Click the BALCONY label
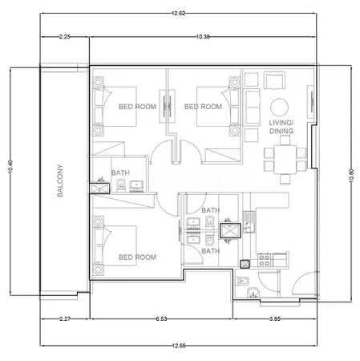[x=60, y=180]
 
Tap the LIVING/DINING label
[x=281, y=127]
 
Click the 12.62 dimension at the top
[x=178, y=13]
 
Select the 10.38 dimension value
[x=203, y=37]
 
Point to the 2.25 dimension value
[x=65, y=37]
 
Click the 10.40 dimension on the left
[x=10, y=166]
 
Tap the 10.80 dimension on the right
[x=351, y=176]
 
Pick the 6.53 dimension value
[x=161, y=318]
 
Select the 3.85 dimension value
[x=275, y=318]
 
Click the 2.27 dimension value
[x=65, y=318]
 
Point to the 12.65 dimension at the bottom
[x=179, y=346]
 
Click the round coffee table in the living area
[x=279, y=107]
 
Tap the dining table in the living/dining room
[x=285, y=160]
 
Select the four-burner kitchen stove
[x=264, y=260]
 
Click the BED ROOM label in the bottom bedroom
[x=137, y=258]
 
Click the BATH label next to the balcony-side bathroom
[x=120, y=172]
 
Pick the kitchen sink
[x=249, y=222]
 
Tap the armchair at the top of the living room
[x=274, y=80]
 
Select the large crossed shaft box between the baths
[x=230, y=231]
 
